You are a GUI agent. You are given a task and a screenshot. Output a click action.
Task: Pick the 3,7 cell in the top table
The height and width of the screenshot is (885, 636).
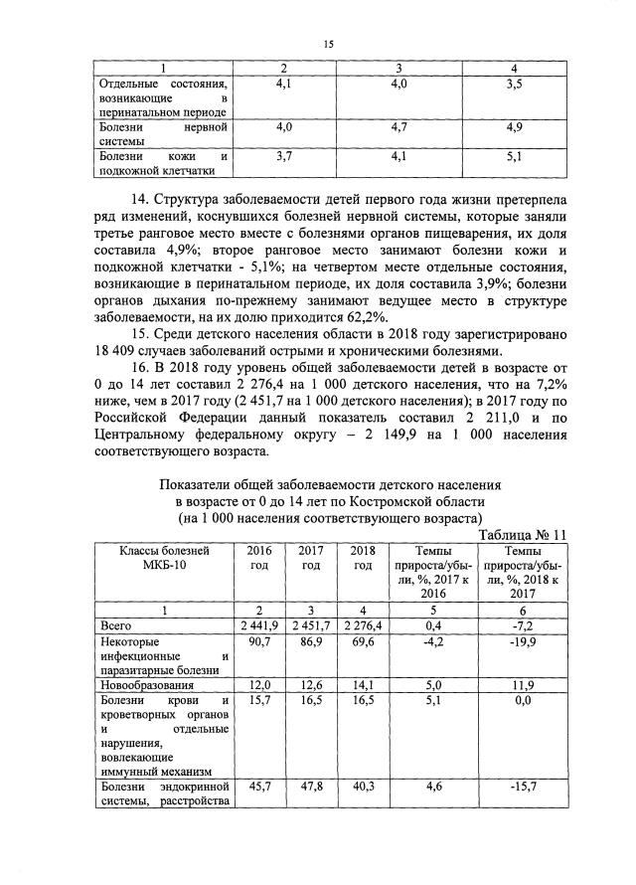[283, 156]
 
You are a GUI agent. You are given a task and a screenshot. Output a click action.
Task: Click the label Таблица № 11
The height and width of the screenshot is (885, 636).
[523, 534]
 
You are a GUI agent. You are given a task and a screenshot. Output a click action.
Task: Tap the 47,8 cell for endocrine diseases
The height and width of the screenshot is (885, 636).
[310, 786]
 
